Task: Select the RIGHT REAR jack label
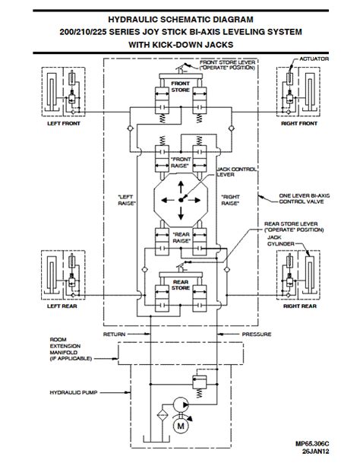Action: (298, 308)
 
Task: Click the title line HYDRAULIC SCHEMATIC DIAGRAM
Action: (181, 16)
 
